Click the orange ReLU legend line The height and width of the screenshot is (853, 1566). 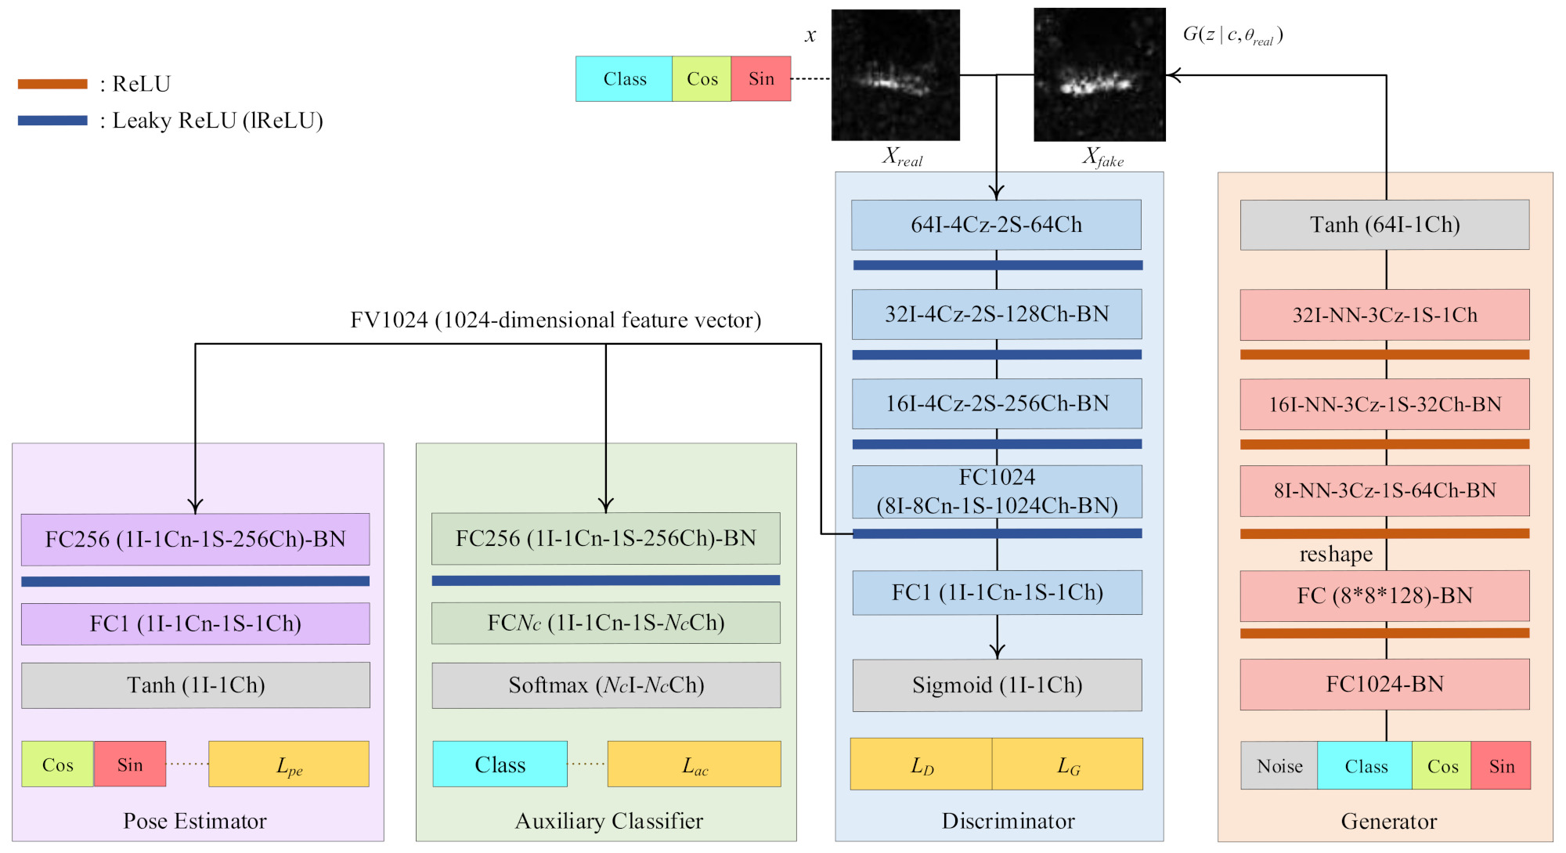pyautogui.click(x=52, y=84)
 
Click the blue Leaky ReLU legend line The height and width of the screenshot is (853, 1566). pyautogui.click(x=52, y=121)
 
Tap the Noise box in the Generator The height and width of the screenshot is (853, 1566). pyautogui.click(x=1279, y=766)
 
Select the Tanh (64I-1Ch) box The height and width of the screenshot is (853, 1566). pyautogui.click(x=1384, y=225)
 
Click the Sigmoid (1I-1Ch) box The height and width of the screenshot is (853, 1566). pyautogui.click(x=997, y=685)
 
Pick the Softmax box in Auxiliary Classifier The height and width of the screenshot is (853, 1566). pyautogui.click(x=606, y=685)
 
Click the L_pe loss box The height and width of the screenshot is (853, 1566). pyautogui.click(x=289, y=764)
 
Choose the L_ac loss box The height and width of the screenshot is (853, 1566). pyautogui.click(x=695, y=764)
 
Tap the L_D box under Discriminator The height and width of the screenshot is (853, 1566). pyautogui.click(x=922, y=764)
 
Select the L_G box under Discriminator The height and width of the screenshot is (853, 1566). pyautogui.click(x=1068, y=764)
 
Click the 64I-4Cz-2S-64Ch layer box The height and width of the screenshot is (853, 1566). pyautogui.click(x=996, y=225)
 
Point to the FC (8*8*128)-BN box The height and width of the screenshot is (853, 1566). pyautogui.click(x=1384, y=596)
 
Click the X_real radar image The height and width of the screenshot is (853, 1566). pyautogui.click(x=895, y=75)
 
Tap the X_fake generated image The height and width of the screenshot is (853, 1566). pyautogui.click(x=1099, y=75)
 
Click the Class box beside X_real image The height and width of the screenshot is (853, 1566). pyautogui.click(x=624, y=79)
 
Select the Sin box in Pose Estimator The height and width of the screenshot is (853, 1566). pyautogui.click(x=130, y=764)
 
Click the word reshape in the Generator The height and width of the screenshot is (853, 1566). pyautogui.click(x=1336, y=555)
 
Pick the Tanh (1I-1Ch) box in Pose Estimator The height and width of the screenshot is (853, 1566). pyautogui.click(x=196, y=685)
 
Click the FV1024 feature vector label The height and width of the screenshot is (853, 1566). pyautogui.click(x=555, y=320)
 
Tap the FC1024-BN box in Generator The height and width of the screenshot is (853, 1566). pyautogui.click(x=1384, y=685)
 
